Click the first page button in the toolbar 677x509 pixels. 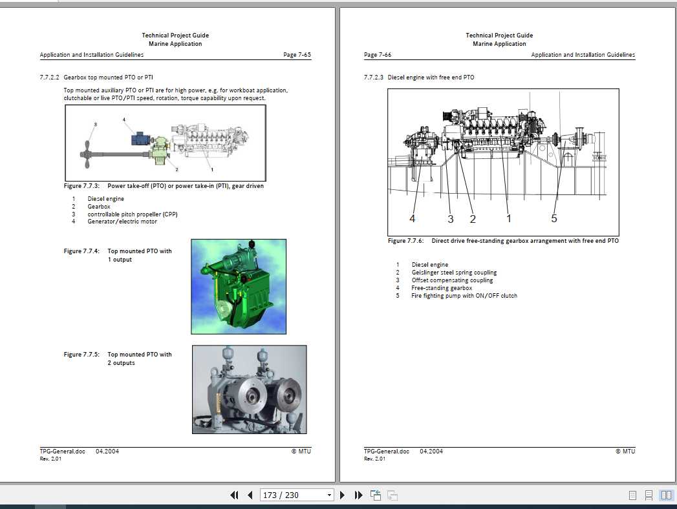234,495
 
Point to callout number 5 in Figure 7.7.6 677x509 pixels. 553,219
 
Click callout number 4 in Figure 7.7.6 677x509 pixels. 413,219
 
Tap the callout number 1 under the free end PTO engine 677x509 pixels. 508,219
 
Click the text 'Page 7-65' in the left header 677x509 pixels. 297,55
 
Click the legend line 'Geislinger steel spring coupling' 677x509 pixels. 454,273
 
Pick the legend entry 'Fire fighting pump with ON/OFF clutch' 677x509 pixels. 464,296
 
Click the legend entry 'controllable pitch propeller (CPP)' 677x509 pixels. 133,214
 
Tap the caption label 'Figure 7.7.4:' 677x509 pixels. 81,251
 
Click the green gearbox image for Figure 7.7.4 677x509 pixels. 239,286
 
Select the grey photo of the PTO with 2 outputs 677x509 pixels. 249,389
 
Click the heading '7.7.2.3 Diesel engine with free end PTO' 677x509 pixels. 419,78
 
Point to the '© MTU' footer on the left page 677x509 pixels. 301,451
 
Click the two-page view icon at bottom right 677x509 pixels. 665,495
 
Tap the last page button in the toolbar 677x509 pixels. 359,495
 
